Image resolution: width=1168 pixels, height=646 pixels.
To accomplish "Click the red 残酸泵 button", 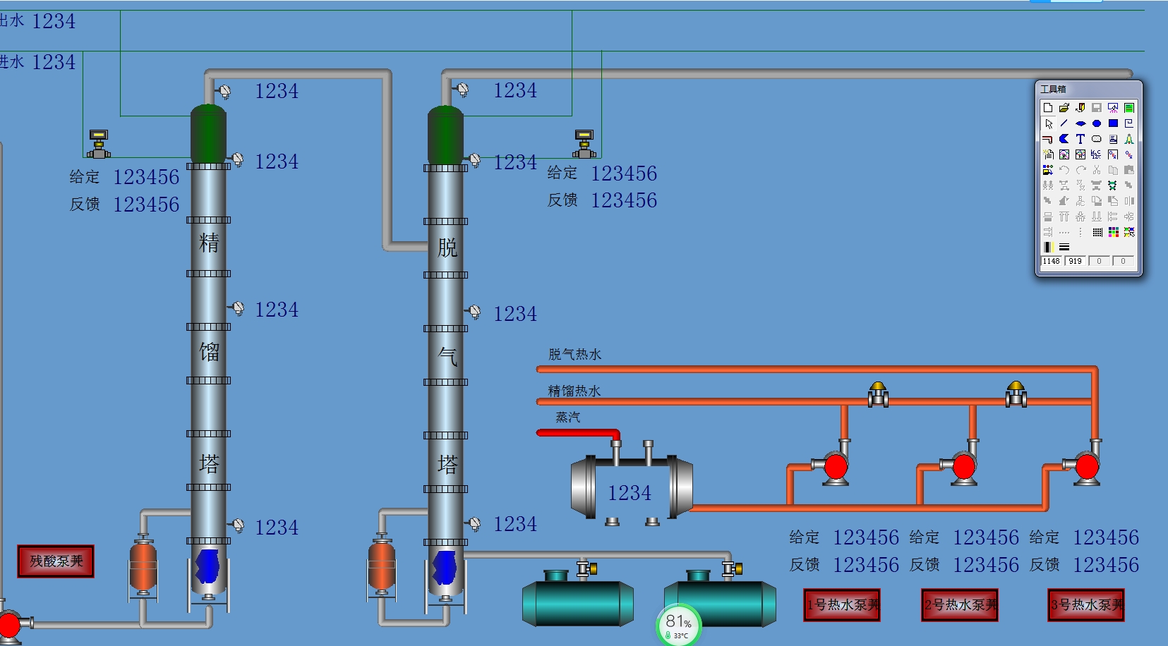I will (x=56, y=561).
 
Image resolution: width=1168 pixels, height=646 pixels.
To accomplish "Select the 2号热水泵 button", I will (x=960, y=605).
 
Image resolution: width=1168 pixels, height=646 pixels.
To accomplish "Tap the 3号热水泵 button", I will (x=1086, y=605).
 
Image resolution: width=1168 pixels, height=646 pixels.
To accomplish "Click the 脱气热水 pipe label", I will (x=574, y=355).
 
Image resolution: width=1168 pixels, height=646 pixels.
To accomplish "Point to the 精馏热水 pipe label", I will (x=574, y=391).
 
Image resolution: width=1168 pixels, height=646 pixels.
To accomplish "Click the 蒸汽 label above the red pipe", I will (x=567, y=418).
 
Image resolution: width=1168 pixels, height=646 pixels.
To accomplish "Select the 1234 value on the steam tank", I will (x=630, y=493).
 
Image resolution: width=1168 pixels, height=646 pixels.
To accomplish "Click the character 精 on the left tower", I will (x=209, y=243).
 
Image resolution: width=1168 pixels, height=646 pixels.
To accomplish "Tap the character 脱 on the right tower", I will (x=447, y=248).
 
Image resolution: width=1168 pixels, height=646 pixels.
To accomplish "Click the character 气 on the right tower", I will (x=447, y=356).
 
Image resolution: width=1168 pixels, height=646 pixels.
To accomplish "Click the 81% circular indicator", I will (x=679, y=624).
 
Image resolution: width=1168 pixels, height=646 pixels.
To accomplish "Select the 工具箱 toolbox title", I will (x=1053, y=89).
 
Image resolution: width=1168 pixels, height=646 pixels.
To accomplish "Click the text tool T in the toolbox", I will (x=1080, y=139).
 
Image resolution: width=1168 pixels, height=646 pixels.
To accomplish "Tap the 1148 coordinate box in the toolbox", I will (x=1051, y=261).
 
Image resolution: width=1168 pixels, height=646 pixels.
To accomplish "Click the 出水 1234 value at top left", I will (x=53, y=21).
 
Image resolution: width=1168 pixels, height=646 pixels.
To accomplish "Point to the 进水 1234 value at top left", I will (x=53, y=62).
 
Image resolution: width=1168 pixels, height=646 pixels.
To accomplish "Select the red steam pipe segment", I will (x=575, y=432).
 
